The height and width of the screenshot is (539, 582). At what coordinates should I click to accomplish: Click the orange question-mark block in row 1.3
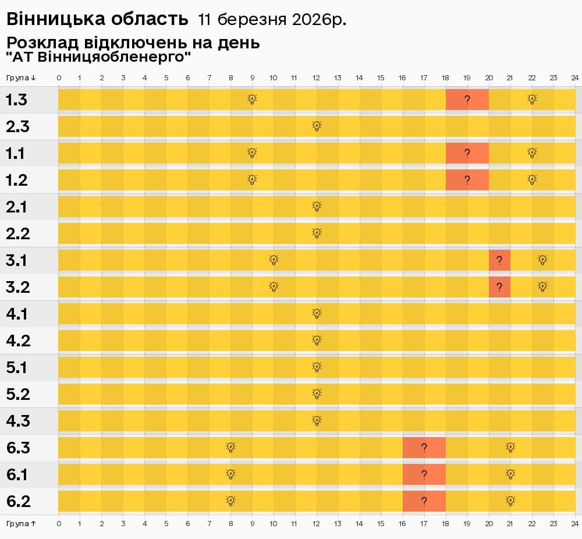coord(467,100)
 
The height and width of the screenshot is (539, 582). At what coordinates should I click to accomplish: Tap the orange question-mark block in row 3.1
coord(499,260)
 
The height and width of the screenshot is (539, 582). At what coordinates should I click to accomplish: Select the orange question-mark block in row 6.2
coord(424,501)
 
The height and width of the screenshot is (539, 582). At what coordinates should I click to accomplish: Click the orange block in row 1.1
coord(467,153)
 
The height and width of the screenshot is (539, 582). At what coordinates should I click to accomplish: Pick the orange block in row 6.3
coord(424,448)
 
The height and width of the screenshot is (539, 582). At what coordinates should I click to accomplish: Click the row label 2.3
coord(17,126)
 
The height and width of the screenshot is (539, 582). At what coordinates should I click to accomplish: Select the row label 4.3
coord(17,421)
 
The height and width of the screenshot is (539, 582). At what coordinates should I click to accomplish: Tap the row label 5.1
coord(17,367)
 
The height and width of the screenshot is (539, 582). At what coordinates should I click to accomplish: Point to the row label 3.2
coord(17,287)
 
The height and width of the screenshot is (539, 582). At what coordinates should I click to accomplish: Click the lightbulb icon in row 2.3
coord(317,126)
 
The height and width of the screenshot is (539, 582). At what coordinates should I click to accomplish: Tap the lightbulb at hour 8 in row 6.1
coord(230,474)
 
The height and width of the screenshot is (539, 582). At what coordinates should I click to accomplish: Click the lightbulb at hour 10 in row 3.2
coord(274,287)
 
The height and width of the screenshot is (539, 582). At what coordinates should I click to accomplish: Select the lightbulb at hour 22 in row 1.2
coord(531,180)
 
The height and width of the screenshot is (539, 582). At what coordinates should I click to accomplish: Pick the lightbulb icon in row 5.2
coord(317,394)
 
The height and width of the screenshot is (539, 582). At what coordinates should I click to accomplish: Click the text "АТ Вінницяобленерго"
coord(99,57)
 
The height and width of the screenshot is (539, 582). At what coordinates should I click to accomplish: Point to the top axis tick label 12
coord(317,78)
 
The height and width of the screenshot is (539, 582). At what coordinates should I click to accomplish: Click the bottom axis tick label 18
coord(446,523)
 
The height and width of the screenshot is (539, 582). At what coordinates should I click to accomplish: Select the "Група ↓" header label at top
coord(22,78)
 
